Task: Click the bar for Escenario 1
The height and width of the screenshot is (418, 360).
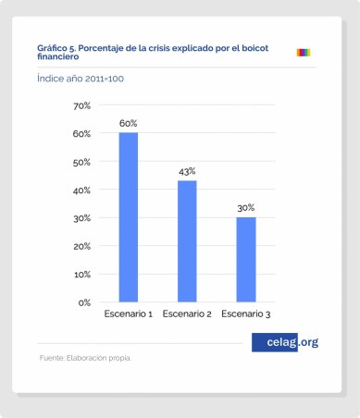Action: pyautogui.click(x=128, y=217)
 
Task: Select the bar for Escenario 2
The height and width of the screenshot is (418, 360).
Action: pyautogui.click(x=187, y=240)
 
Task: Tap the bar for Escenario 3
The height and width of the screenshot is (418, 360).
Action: pyautogui.click(x=245, y=259)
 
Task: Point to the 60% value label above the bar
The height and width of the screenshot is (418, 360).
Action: pyautogui.click(x=128, y=123)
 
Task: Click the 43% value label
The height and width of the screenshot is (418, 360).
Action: pyautogui.click(x=187, y=171)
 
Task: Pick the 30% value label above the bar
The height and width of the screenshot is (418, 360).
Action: pyautogui.click(x=245, y=208)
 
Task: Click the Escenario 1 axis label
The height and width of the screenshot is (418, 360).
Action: pyautogui.click(x=128, y=315)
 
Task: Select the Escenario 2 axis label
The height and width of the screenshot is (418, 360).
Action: pyautogui.click(x=187, y=315)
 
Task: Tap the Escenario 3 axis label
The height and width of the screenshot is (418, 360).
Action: pyautogui.click(x=245, y=315)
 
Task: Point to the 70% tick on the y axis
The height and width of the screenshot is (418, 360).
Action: pyautogui.click(x=81, y=106)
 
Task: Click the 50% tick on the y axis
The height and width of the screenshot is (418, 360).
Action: pyautogui.click(x=81, y=162)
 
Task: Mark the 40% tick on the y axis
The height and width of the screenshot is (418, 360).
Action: pyautogui.click(x=81, y=191)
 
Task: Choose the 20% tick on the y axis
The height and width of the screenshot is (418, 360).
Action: pyautogui.click(x=81, y=246)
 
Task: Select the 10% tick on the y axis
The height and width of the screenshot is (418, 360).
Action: pyautogui.click(x=81, y=275)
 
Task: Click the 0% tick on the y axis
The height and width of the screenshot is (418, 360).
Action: pyautogui.click(x=83, y=302)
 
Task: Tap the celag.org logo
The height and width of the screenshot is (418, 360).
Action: pyautogui.click(x=285, y=342)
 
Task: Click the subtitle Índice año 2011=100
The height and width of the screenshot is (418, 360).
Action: pyautogui.click(x=81, y=80)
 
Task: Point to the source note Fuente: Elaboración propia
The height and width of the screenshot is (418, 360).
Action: pyautogui.click(x=85, y=358)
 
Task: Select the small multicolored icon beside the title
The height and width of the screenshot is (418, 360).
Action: pyautogui.click(x=303, y=52)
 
